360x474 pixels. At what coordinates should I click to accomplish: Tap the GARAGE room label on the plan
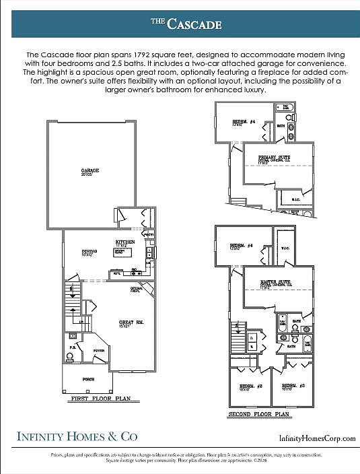coord(90,170)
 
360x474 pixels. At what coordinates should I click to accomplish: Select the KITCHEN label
coord(125,241)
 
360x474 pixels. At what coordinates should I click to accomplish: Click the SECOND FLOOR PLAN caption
coord(258,414)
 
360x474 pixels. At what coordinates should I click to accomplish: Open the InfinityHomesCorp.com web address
coord(317,438)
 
